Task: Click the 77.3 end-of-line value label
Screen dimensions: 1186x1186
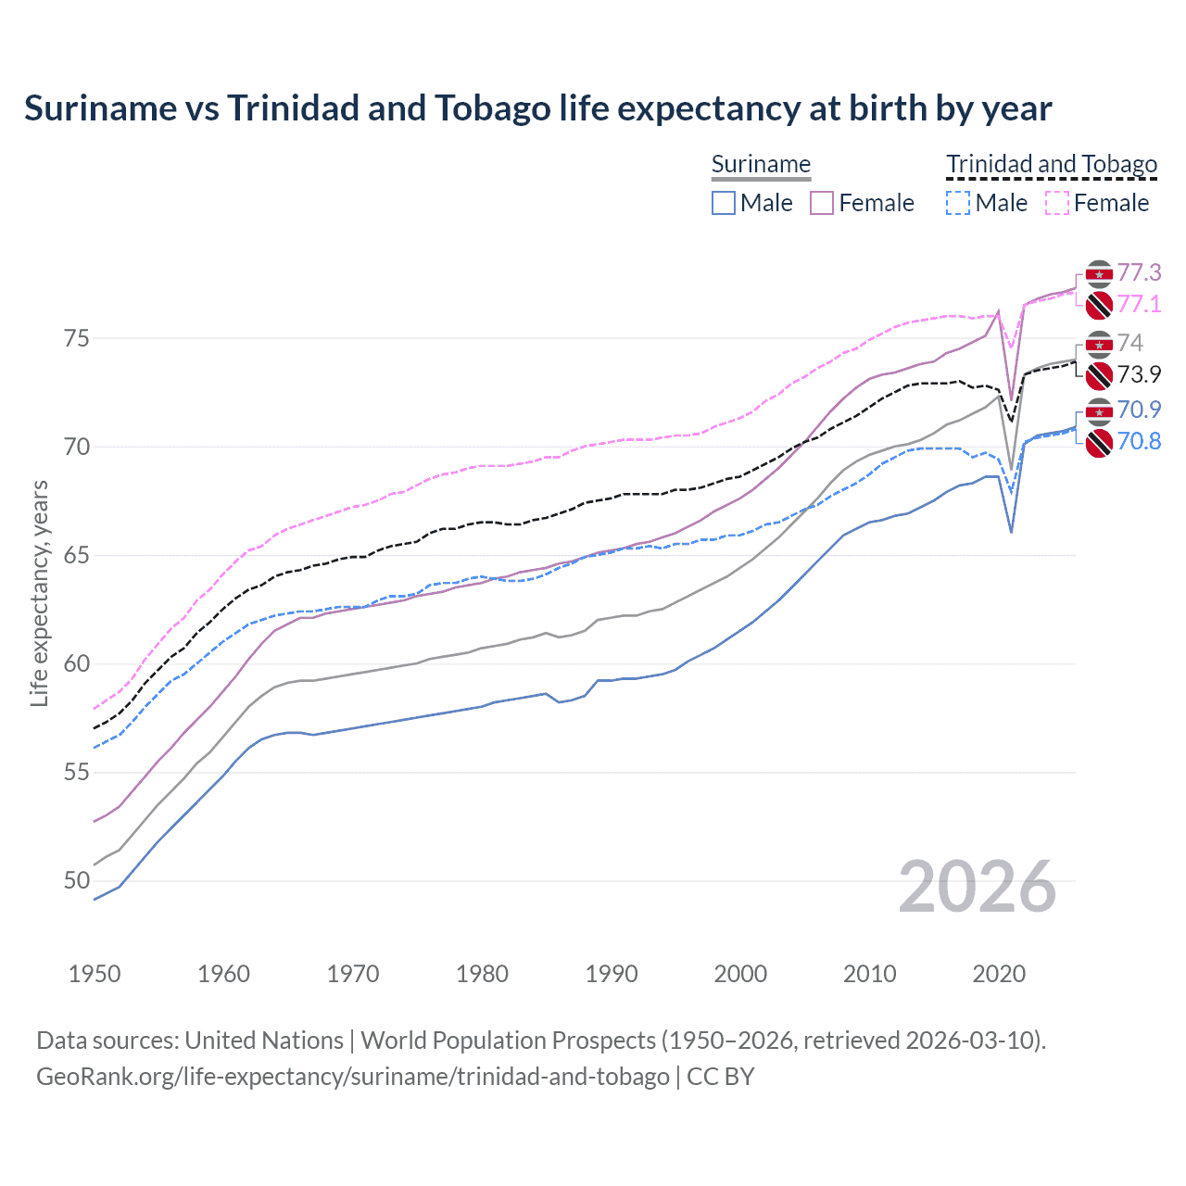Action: (x=1139, y=272)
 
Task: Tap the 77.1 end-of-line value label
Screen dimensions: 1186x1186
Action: (x=1139, y=304)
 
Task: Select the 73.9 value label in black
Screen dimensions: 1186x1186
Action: (x=1139, y=374)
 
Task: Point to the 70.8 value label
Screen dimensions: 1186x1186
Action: (x=1139, y=441)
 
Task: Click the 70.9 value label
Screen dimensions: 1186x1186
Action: (x=1139, y=410)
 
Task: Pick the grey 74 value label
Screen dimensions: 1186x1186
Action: (x=1129, y=343)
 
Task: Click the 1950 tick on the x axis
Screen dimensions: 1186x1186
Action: (x=95, y=974)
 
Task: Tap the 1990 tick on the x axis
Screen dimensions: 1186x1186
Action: (x=612, y=974)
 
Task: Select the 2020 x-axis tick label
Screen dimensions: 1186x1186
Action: (x=999, y=974)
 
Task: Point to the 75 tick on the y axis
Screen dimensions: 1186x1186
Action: (x=78, y=339)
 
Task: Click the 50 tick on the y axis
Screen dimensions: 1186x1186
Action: (x=78, y=881)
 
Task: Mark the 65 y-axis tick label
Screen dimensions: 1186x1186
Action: (x=78, y=556)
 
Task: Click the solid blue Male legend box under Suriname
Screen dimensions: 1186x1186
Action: (x=724, y=203)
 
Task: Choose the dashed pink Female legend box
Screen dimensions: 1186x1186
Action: (x=1057, y=203)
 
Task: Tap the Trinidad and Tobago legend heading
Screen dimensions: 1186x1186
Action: (x=1052, y=164)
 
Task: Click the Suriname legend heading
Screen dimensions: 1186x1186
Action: (x=761, y=164)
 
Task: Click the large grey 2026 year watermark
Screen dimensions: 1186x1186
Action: (x=977, y=887)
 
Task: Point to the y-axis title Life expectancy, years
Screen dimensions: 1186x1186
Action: (x=39, y=593)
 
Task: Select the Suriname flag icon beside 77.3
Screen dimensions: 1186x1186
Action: (x=1099, y=274)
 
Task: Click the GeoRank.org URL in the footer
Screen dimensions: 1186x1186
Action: (x=352, y=1077)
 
